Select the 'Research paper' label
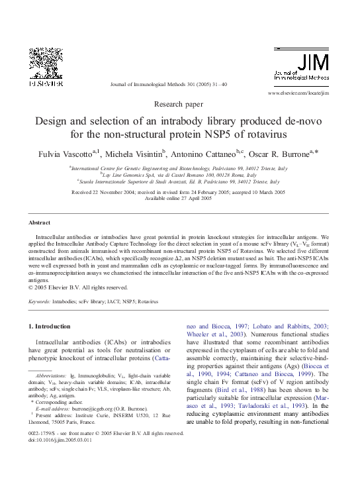(179, 105)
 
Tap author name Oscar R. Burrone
(283, 154)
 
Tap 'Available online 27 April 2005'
(179, 198)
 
